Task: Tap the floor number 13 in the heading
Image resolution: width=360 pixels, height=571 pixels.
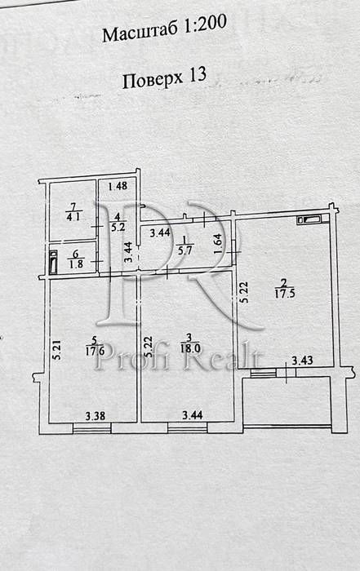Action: (x=198, y=75)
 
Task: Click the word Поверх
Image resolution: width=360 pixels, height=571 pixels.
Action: (x=153, y=80)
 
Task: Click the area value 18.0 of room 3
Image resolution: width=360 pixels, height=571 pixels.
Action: (x=190, y=347)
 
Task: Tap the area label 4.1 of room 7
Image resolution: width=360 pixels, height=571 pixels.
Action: (x=74, y=218)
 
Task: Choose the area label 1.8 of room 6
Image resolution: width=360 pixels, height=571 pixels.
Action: (x=76, y=263)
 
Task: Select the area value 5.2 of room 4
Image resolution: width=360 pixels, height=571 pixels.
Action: (x=118, y=228)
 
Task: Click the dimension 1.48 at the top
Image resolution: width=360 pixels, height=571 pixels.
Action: (x=118, y=186)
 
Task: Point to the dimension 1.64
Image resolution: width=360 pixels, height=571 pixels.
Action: (x=217, y=244)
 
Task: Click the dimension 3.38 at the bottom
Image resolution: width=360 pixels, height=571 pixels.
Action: (x=95, y=415)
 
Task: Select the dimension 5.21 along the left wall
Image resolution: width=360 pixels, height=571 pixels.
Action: (x=57, y=351)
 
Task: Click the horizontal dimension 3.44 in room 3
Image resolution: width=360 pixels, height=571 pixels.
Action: (x=193, y=414)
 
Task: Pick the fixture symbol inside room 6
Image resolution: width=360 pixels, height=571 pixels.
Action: (x=54, y=262)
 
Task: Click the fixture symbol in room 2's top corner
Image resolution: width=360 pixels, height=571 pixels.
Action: (x=309, y=219)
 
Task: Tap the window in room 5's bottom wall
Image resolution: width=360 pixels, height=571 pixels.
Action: (x=91, y=428)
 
